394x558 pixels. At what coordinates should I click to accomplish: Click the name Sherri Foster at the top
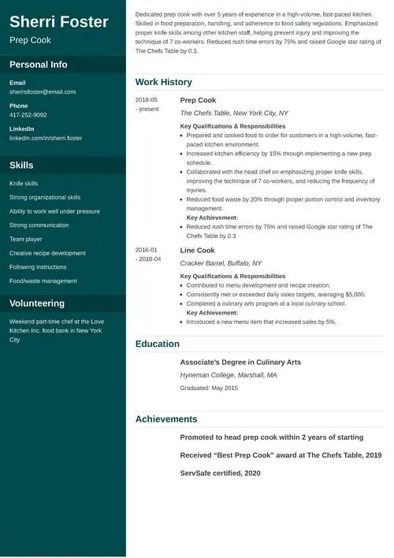[x=59, y=21]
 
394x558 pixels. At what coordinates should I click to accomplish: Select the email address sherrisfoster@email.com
[x=43, y=91]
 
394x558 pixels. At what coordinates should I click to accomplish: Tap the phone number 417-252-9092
[x=28, y=115]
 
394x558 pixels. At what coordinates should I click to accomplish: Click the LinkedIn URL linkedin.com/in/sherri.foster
[x=46, y=138]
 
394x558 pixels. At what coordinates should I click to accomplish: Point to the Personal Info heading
[x=39, y=65]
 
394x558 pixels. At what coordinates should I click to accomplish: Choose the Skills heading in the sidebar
[x=21, y=166]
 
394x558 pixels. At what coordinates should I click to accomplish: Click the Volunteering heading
[x=37, y=303]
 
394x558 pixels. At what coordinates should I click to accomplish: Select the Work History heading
[x=163, y=82]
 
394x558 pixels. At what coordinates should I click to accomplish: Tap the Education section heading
[x=158, y=344]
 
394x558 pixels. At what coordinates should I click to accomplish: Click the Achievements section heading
[x=166, y=419]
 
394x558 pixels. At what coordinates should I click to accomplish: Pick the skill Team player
[x=26, y=239]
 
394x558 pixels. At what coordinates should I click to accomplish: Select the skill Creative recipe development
[x=47, y=253]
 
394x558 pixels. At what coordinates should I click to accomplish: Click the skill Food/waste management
[x=43, y=281]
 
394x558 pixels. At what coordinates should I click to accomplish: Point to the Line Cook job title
[x=197, y=251]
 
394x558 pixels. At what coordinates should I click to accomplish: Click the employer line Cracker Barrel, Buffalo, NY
[x=221, y=263]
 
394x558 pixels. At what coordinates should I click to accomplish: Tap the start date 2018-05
[x=147, y=100]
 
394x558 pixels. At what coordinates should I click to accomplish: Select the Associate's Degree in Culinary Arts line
[x=240, y=363]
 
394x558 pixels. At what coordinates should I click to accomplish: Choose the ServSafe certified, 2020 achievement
[x=220, y=473]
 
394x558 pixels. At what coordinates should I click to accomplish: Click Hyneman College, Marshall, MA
[x=229, y=376]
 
